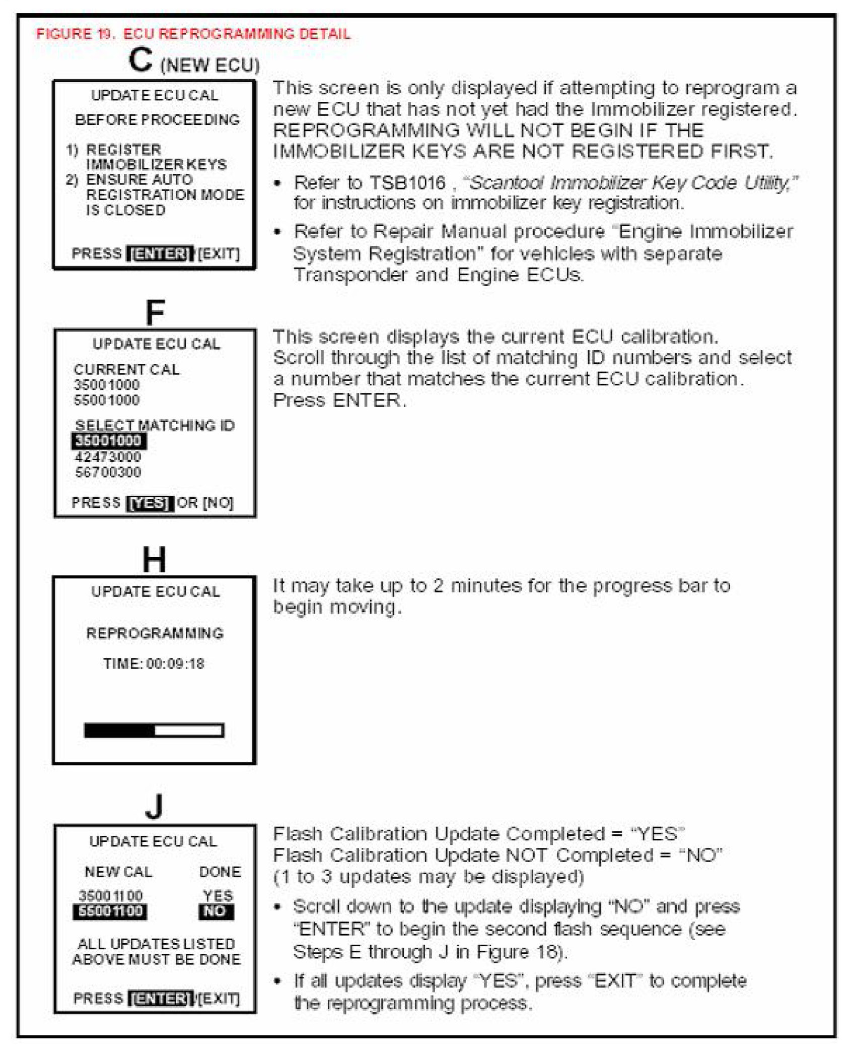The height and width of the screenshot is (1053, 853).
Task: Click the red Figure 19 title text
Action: point(193,34)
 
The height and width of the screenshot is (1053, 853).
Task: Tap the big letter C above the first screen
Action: point(140,60)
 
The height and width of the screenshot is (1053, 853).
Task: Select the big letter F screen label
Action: point(155,312)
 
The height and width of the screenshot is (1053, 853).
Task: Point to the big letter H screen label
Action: point(154,559)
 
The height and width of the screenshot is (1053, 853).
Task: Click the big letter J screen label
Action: point(154,807)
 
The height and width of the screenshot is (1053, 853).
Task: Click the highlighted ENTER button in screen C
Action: point(160,253)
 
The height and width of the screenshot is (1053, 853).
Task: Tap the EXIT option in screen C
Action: point(219,253)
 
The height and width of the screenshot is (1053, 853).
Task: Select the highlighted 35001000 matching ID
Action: point(108,441)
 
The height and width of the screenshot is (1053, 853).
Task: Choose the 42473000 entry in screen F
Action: point(108,457)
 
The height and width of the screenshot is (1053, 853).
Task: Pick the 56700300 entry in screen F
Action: point(108,472)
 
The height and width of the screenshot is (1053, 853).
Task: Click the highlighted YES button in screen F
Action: point(150,503)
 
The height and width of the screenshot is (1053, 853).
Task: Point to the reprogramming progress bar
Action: point(154,730)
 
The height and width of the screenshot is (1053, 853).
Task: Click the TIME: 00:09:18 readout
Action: point(154,664)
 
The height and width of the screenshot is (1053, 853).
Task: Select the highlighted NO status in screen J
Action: point(216,911)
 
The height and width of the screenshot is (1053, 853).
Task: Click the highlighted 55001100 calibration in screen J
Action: point(110,911)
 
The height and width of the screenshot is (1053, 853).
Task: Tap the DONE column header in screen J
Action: point(220,872)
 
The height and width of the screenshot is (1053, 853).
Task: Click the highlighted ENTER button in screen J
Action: point(161,998)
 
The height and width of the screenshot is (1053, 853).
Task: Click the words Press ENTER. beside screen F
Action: point(339,400)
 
